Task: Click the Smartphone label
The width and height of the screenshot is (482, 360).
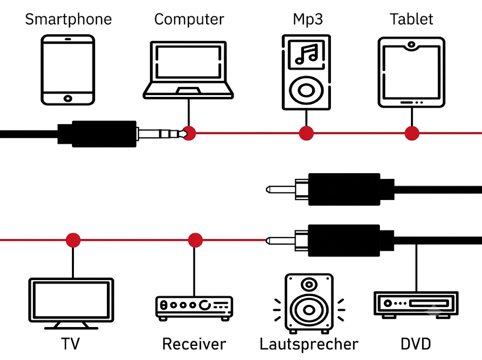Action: tap(68, 20)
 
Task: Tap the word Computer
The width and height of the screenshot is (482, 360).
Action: tap(189, 20)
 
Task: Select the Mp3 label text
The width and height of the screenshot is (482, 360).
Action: tap(308, 20)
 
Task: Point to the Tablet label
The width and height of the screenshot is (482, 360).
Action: tap(411, 19)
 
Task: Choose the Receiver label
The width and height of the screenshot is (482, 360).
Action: tap(194, 344)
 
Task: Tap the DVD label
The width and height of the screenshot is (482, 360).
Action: tap(416, 344)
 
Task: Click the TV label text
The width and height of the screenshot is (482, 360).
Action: tap(71, 344)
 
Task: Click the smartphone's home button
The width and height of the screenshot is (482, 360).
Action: tap(68, 98)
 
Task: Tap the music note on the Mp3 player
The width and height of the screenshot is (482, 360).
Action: tap(306, 54)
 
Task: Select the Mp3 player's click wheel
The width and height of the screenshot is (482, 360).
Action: tap(306, 90)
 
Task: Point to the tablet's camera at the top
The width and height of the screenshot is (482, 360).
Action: tap(411, 45)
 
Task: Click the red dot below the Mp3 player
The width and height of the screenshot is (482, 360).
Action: tap(306, 133)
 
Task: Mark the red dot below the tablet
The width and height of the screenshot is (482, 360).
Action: tap(412, 133)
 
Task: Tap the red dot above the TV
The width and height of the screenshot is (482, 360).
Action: tap(73, 240)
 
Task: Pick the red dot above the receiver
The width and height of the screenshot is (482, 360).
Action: tap(195, 240)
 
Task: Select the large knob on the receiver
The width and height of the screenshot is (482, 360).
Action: tap(205, 305)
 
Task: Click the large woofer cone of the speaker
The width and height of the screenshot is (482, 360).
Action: tap(309, 310)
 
